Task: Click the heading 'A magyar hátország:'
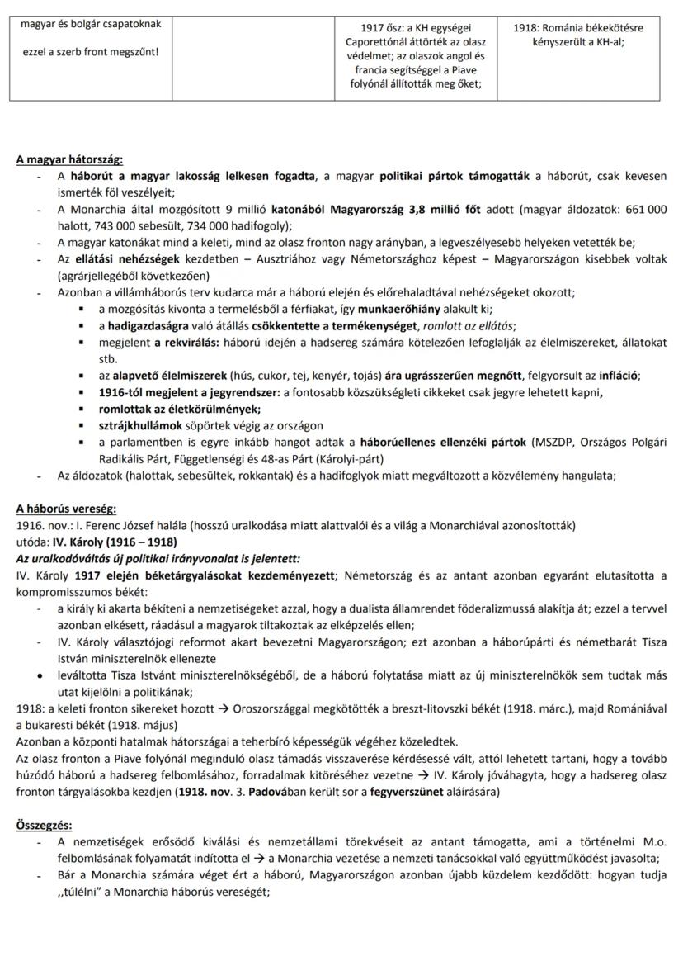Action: click(69, 160)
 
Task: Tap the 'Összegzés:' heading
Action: click(44, 825)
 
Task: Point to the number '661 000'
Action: click(644, 210)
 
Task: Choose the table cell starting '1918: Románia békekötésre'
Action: click(577, 34)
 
